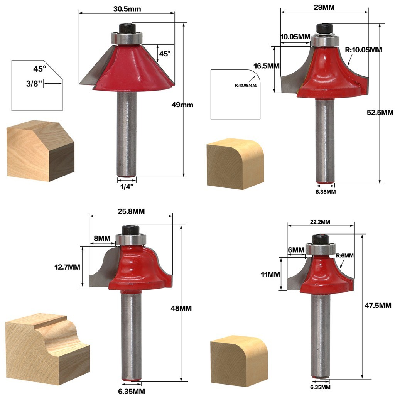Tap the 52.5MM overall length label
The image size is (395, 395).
coord(380,112)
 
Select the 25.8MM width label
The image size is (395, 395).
coord(130,212)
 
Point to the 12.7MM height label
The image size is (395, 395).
coord(67,267)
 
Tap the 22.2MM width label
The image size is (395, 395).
coord(320,222)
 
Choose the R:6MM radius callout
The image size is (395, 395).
coord(344,255)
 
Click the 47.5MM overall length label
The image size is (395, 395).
coord(378,305)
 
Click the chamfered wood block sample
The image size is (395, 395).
coord(40,150)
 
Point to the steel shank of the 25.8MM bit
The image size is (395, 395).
coord(131,336)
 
